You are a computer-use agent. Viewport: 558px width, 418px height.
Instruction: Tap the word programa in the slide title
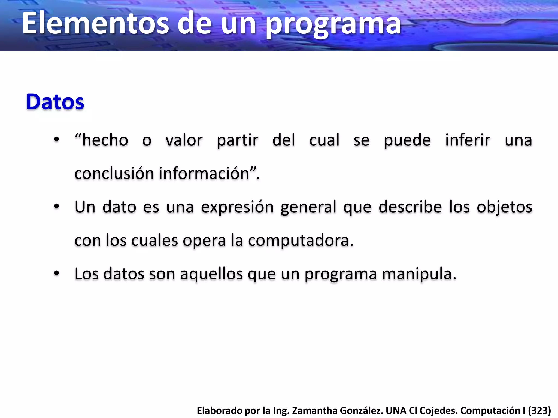point(333,25)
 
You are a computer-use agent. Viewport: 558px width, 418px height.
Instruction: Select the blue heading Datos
point(55,102)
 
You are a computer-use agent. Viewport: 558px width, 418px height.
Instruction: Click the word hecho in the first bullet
point(105,140)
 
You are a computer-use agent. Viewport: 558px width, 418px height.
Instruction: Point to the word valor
point(184,140)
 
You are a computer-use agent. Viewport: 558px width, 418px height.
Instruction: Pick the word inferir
point(468,140)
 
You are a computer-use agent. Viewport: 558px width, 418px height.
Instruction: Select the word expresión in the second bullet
point(237,207)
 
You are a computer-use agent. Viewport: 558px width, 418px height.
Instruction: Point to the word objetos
point(504,207)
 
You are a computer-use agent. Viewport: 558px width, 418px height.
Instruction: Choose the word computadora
point(301,241)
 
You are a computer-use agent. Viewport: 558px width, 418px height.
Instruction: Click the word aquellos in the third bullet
point(211,274)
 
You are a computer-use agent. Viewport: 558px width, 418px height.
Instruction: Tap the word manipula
point(419,274)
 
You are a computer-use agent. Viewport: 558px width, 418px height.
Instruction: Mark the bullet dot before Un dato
point(56,207)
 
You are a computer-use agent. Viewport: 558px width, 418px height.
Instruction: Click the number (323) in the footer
point(539,410)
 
